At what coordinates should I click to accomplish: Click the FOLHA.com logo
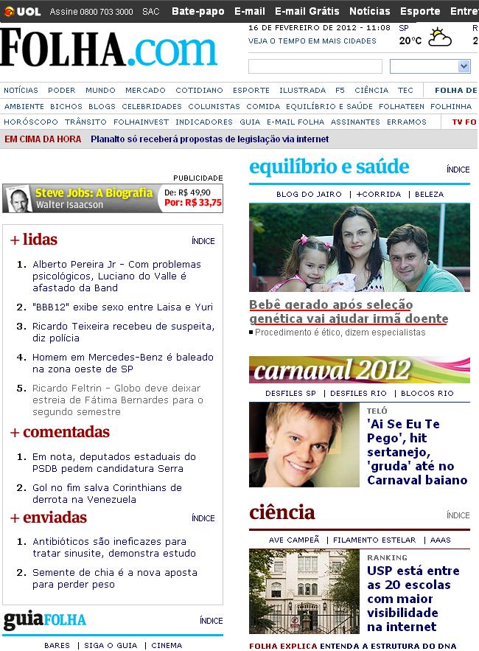coord(109,49)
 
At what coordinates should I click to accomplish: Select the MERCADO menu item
coord(145,91)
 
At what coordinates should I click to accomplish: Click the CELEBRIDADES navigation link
coord(152,106)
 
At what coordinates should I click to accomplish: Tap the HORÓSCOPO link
coord(31,122)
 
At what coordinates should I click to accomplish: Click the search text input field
coord(315,67)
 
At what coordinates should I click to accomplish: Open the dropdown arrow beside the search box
coord(464,67)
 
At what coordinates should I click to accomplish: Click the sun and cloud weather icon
coord(441,38)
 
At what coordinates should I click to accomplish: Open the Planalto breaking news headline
coord(209,139)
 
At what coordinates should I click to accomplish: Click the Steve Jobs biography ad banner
coord(113,198)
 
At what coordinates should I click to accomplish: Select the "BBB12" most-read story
coord(122,307)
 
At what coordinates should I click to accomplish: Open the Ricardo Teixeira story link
coord(123,332)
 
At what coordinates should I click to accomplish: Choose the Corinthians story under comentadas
coord(106,493)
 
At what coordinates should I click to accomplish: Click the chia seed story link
coord(114,578)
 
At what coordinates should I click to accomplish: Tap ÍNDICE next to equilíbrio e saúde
coord(458,170)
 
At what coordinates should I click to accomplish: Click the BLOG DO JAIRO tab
coord(309,194)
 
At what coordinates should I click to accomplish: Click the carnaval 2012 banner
coord(359,369)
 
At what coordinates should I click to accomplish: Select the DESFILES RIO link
coord(358,393)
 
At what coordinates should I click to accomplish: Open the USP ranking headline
coord(413,599)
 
